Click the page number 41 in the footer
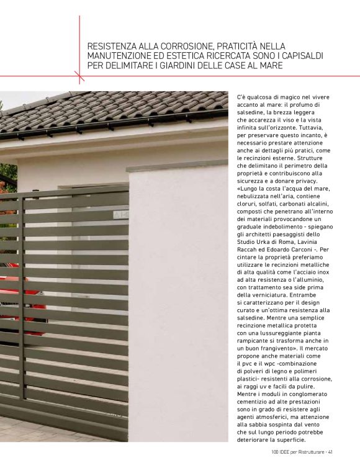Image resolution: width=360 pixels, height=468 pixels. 331,451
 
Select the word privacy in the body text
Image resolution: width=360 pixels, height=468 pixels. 304,181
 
